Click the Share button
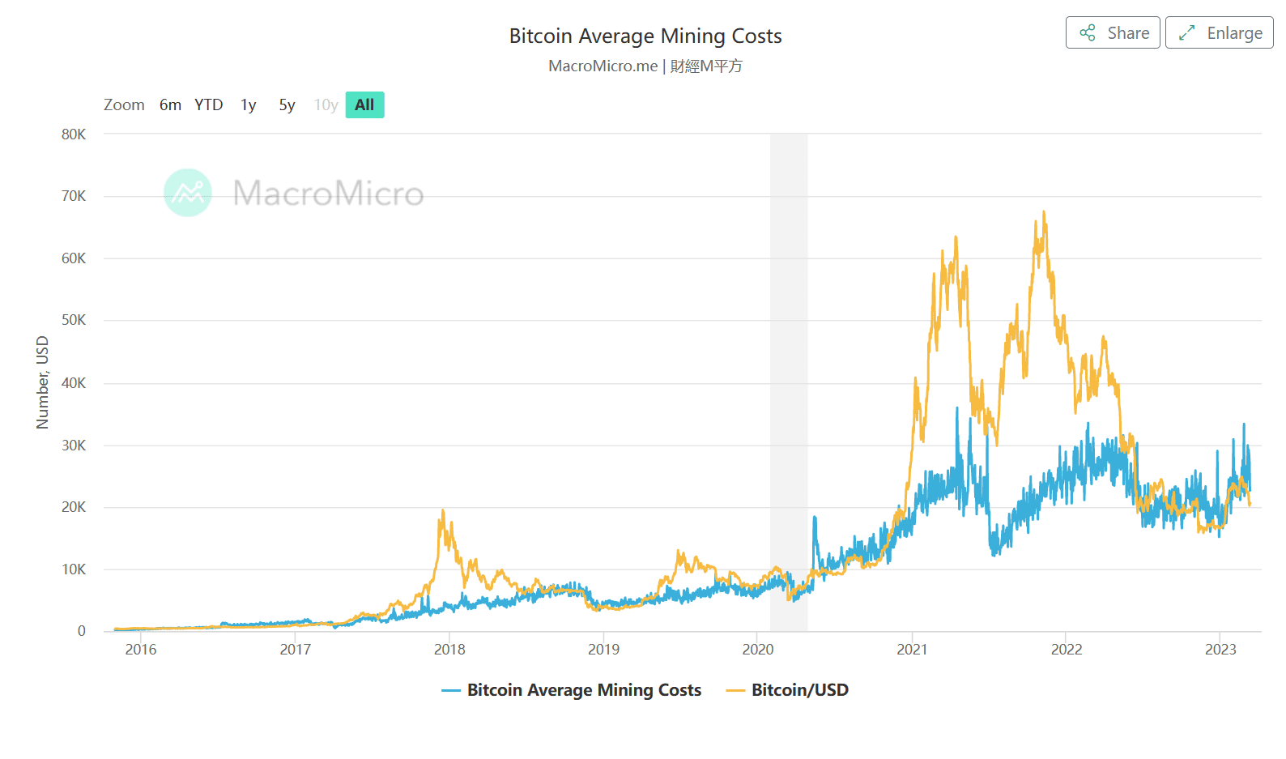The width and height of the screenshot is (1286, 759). (x=1113, y=33)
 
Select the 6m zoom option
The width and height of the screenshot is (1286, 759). (x=170, y=105)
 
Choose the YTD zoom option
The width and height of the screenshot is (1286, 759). (x=208, y=105)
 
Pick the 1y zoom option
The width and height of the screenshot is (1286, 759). (x=248, y=105)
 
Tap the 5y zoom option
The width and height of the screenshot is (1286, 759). (x=287, y=105)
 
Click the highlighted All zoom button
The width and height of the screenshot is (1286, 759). (x=364, y=105)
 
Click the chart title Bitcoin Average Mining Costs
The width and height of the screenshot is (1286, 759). (x=645, y=36)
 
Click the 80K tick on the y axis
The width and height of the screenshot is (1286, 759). (x=74, y=134)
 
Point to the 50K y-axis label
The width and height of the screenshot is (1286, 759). (x=74, y=320)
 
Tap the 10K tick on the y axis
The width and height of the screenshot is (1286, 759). (x=74, y=569)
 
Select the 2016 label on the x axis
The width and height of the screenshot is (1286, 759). (x=141, y=650)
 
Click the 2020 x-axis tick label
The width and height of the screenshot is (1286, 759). (x=758, y=650)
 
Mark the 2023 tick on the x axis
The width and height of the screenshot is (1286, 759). (x=1220, y=650)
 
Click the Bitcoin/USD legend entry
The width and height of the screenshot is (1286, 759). (x=798, y=690)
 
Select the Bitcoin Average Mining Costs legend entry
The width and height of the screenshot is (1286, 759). (x=583, y=690)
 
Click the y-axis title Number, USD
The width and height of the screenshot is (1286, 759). (x=43, y=382)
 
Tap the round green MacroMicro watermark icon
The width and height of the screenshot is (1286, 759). (x=188, y=193)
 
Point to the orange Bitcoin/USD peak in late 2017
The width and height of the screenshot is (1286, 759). (x=442, y=511)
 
